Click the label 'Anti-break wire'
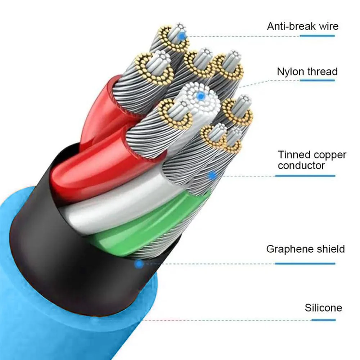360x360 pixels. [x=303, y=26]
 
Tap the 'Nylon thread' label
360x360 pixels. [x=307, y=72]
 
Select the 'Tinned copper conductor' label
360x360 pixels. [x=312, y=160]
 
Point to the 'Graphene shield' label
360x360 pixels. [x=305, y=249]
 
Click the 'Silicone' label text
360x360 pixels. [x=323, y=308]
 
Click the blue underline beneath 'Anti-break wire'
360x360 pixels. [x=317, y=36]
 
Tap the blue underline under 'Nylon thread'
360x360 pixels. [x=317, y=80]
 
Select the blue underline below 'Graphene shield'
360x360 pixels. [x=305, y=264]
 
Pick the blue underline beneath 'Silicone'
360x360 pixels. [x=324, y=320]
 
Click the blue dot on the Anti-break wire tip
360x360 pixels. [x=182, y=36]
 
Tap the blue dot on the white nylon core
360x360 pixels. [x=201, y=95]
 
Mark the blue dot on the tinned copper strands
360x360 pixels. [x=212, y=176]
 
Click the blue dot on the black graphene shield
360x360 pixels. [x=139, y=264]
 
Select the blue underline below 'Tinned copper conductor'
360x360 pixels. [x=305, y=176]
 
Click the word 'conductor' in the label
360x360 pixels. [x=301, y=166]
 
